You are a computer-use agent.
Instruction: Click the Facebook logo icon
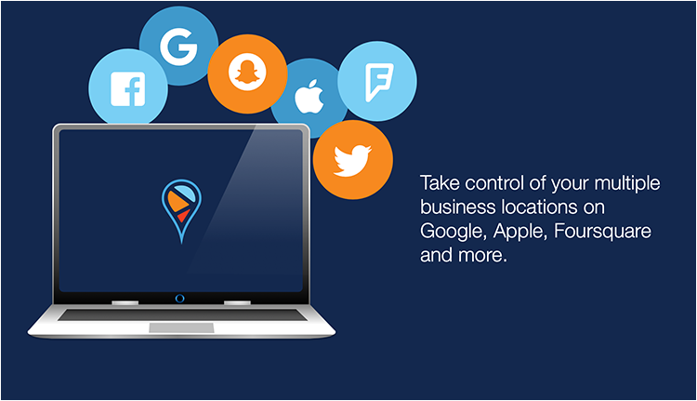[127, 89]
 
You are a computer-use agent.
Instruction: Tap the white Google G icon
[178, 47]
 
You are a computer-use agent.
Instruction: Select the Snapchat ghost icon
[247, 72]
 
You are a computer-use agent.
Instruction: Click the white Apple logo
[309, 97]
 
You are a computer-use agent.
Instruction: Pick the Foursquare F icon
[378, 82]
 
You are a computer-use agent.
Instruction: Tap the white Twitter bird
[352, 160]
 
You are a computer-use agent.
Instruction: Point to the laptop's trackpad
[181, 328]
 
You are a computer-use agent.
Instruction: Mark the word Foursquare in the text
[603, 232]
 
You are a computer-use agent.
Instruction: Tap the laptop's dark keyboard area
[182, 314]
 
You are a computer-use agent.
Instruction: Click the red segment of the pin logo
[183, 216]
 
